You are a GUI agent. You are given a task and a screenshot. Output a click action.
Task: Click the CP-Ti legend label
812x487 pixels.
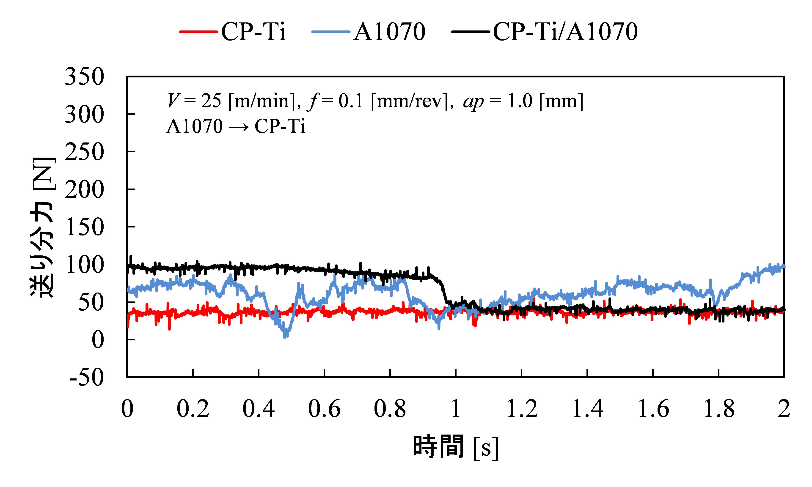click(x=253, y=32)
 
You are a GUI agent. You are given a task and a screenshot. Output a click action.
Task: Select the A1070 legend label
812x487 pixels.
click(x=389, y=32)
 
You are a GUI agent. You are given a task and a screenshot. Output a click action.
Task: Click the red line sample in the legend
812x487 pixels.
click(x=199, y=32)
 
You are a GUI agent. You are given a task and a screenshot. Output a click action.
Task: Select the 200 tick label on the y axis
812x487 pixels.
click(x=84, y=190)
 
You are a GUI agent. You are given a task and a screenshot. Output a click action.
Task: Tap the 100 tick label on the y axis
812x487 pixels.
click(x=84, y=265)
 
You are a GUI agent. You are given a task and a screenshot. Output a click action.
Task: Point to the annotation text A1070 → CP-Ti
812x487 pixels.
click(x=236, y=126)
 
